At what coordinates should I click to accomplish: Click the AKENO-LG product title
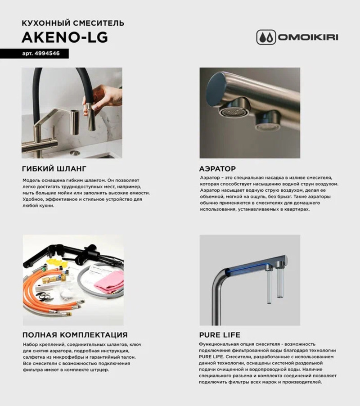(x=65, y=37)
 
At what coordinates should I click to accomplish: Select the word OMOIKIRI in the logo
(x=308, y=37)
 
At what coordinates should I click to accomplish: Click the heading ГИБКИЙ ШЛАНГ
(x=54, y=169)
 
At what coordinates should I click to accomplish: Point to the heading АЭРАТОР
(x=217, y=169)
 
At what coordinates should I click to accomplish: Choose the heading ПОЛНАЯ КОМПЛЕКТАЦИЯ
(x=75, y=335)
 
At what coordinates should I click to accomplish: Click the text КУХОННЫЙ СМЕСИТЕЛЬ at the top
(x=73, y=23)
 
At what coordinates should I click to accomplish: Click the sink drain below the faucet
(x=75, y=153)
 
